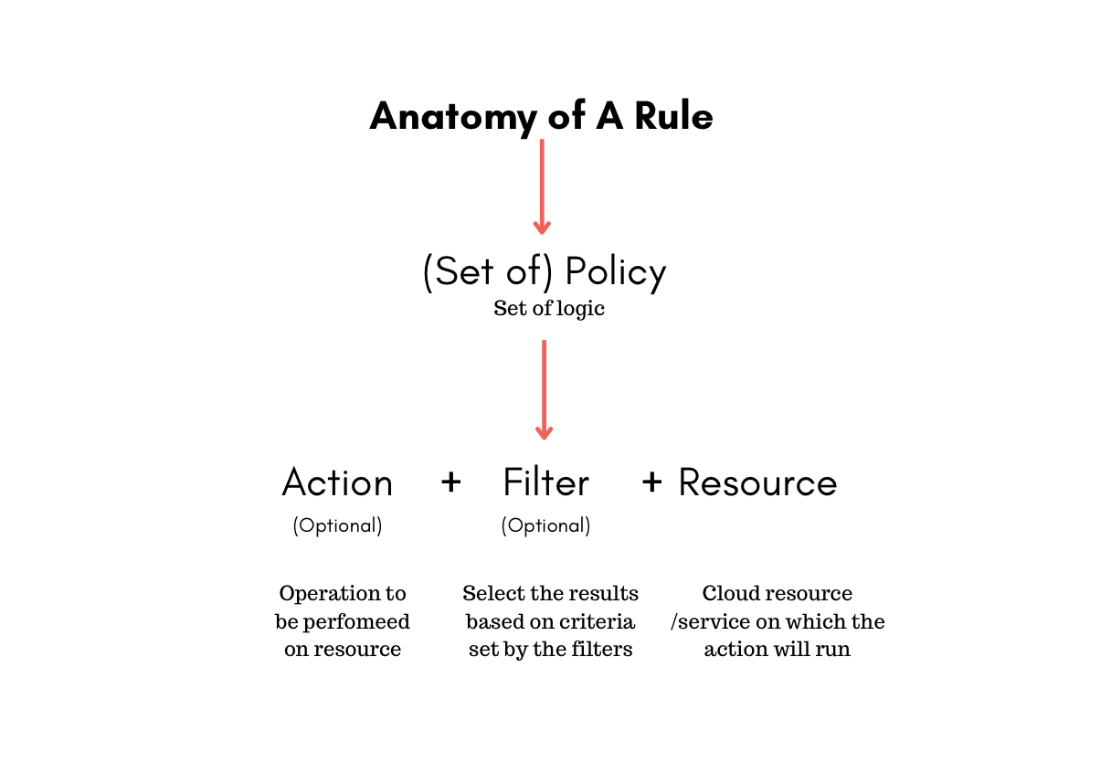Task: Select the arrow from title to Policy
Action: [x=543, y=187]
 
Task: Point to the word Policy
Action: [x=615, y=272]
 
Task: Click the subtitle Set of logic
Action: [x=549, y=309]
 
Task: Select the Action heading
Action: [x=337, y=482]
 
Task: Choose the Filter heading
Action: [x=545, y=482]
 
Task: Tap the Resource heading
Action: [x=757, y=482]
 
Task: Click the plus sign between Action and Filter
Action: [x=450, y=482]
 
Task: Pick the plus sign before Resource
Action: [x=651, y=482]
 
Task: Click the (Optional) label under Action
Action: [x=337, y=526]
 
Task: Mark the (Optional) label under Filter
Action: [x=545, y=526]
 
